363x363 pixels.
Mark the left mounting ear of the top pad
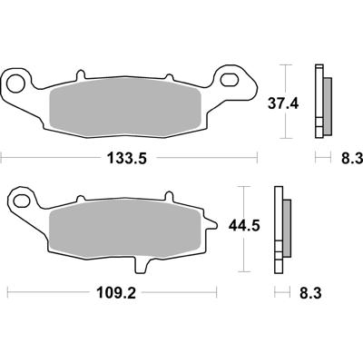pos(20,83)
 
